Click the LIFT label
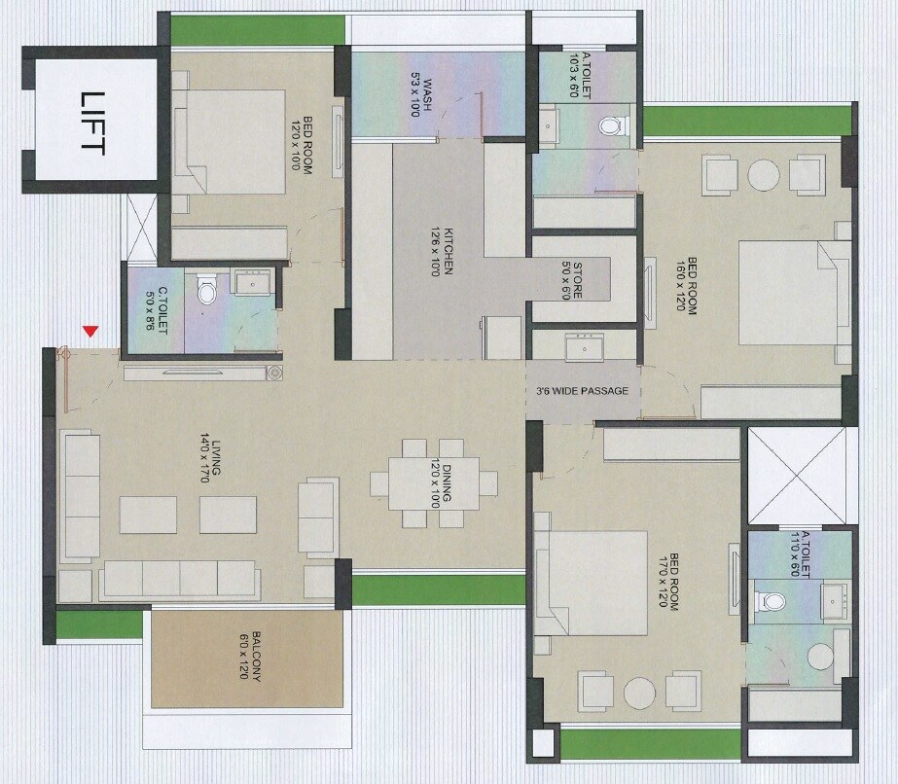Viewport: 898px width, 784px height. [x=92, y=122]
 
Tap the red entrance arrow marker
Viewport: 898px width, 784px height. [x=90, y=332]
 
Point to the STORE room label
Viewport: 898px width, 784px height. [x=571, y=280]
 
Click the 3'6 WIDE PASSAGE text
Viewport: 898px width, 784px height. [x=582, y=391]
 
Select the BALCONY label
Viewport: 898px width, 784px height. [x=250, y=659]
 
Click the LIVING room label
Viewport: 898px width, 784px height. [x=209, y=458]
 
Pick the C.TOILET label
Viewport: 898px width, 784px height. [x=157, y=310]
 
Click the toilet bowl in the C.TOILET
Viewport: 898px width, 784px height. [x=205, y=290]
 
